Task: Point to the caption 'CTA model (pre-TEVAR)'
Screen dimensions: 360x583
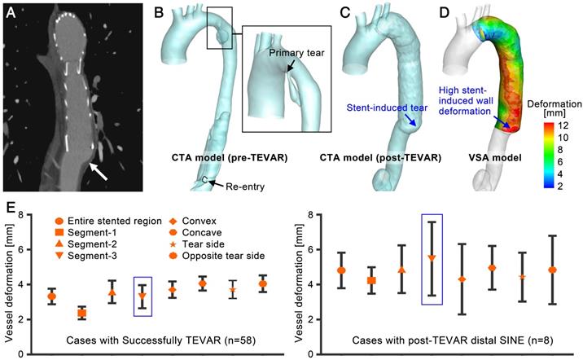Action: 214,156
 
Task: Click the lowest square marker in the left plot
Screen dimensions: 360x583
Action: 81,313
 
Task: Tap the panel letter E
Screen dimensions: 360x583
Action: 10,207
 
